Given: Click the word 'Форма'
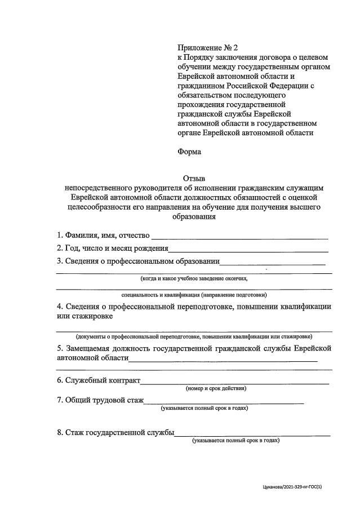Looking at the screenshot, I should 189,152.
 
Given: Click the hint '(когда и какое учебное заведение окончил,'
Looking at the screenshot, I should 194,278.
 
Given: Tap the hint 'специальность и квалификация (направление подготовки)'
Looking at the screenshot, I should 194,295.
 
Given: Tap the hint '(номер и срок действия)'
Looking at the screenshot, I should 216,388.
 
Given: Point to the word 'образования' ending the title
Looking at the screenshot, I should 194,216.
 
